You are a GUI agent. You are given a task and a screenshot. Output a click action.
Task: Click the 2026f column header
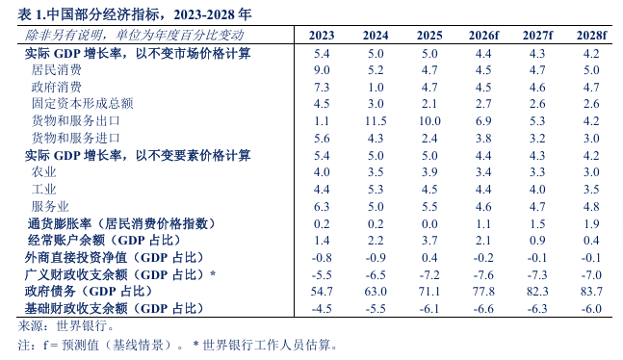(483, 36)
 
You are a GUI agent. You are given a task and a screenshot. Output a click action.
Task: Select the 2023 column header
(322, 36)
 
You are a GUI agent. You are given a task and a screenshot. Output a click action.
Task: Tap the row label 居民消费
(57, 70)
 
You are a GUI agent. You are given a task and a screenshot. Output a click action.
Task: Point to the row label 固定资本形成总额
(82, 104)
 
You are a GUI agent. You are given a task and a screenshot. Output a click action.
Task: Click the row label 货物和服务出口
(75, 120)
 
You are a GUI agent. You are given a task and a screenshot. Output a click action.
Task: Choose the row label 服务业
(50, 206)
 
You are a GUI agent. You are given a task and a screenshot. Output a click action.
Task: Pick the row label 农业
(43, 172)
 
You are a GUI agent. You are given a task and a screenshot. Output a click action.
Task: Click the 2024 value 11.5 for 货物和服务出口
(376, 120)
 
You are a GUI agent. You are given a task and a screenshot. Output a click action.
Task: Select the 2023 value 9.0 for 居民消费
(322, 70)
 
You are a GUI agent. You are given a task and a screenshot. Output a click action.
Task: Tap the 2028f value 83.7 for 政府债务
(591, 292)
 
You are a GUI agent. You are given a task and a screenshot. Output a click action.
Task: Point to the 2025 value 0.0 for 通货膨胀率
(429, 223)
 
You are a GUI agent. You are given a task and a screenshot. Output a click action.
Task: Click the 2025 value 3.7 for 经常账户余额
(429, 241)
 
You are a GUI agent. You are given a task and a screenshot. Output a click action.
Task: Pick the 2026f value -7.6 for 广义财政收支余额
(483, 274)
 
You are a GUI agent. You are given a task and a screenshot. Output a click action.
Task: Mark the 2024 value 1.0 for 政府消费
(376, 87)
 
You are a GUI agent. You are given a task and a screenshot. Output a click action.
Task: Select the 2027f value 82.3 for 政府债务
(537, 292)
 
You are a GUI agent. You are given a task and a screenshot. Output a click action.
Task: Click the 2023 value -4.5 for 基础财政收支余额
(322, 309)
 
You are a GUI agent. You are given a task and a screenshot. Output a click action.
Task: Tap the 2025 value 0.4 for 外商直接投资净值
(429, 257)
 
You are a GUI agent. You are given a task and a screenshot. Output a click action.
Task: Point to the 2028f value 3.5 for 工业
(591, 189)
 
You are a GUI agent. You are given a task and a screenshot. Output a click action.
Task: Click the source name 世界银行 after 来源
(82, 326)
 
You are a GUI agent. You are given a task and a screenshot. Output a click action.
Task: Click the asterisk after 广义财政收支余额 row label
(213, 273)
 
